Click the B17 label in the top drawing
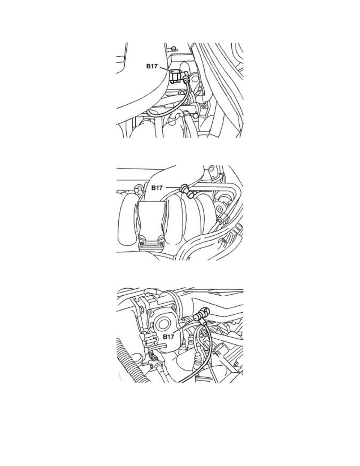(x=152, y=66)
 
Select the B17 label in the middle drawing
(x=157, y=187)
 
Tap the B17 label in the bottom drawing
(x=168, y=337)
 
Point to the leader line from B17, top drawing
(x=166, y=69)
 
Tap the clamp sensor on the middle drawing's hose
(x=187, y=191)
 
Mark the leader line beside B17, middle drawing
(x=173, y=187)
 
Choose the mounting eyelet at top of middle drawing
(x=211, y=169)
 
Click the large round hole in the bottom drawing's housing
(x=162, y=324)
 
